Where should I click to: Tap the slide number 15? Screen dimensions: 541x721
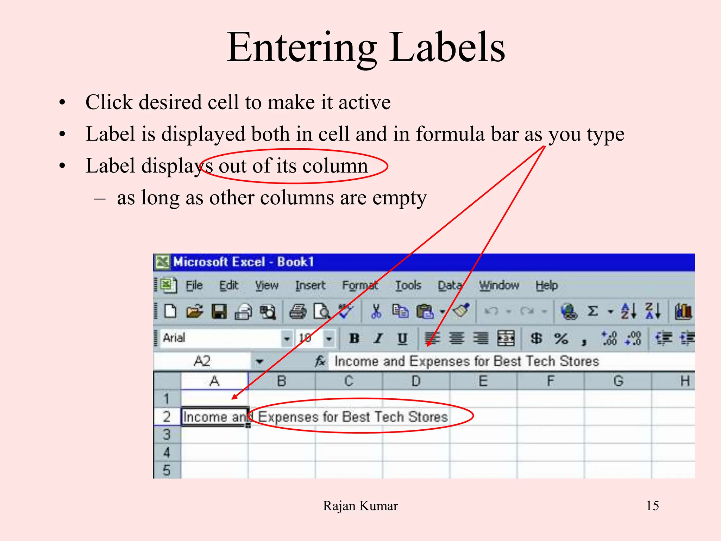click(652, 506)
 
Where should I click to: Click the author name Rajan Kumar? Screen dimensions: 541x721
click(360, 506)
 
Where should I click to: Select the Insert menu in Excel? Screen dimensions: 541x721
click(310, 285)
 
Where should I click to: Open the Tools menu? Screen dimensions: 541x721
click(408, 285)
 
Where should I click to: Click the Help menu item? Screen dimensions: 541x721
click(546, 285)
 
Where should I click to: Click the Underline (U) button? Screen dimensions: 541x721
click(402, 338)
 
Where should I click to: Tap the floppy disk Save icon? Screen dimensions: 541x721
click(219, 312)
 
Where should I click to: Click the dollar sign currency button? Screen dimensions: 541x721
click(536, 338)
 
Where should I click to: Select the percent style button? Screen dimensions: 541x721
click(561, 338)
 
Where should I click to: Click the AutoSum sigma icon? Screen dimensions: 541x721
click(593, 311)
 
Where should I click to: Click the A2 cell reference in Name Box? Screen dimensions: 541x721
click(202, 361)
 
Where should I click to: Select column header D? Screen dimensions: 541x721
click(416, 381)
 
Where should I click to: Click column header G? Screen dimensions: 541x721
click(618, 381)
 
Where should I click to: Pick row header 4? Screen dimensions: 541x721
click(167, 453)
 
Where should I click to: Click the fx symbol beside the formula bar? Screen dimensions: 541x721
click(320, 361)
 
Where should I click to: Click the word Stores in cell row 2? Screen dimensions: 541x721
click(428, 417)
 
